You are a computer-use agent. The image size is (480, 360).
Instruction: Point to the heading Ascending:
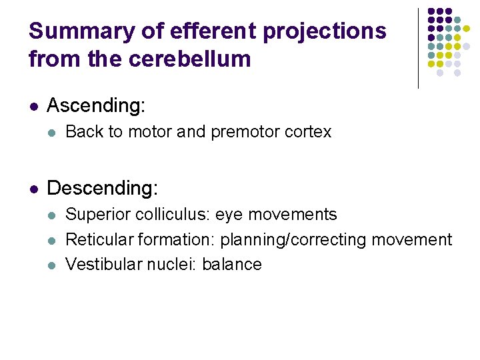click(x=96, y=105)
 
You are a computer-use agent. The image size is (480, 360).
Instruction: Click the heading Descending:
click(x=103, y=188)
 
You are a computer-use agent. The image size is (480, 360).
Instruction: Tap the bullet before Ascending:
click(x=33, y=106)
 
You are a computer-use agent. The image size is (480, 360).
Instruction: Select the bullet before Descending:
click(x=33, y=189)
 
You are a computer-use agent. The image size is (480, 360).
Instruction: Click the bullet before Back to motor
click(x=53, y=132)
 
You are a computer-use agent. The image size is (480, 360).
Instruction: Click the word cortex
click(x=307, y=132)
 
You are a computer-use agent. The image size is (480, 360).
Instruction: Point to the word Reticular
click(x=97, y=239)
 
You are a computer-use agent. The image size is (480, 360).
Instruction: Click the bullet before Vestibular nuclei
click(x=53, y=265)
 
